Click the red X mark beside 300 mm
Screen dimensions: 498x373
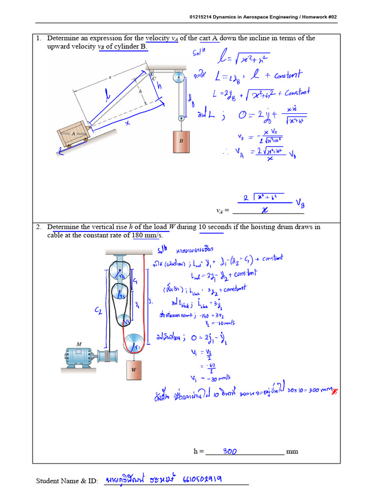click(334, 391)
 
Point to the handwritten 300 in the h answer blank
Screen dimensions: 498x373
click(230, 451)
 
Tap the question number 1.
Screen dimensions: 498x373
click(38, 38)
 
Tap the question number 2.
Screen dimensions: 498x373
click(38, 227)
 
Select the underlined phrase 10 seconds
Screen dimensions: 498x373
click(211, 227)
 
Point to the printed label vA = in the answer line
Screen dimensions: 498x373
click(222, 211)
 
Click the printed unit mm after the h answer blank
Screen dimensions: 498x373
click(292, 451)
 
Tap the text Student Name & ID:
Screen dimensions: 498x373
click(67, 481)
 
